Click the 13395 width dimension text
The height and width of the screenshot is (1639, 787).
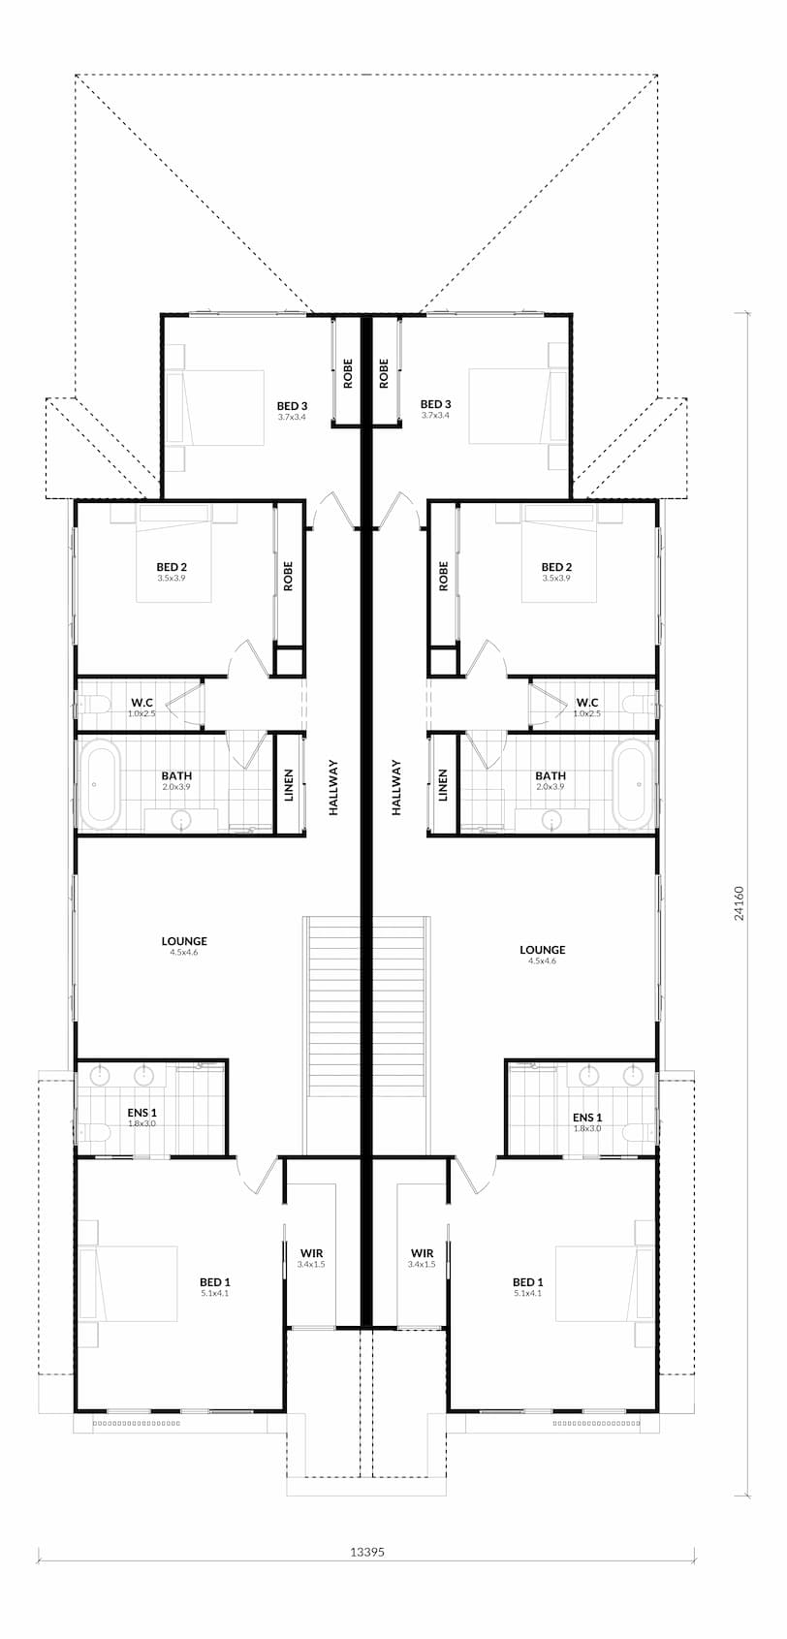[367, 1551]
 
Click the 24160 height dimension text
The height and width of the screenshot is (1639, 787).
[739, 903]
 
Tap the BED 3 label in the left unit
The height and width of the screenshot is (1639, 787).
[292, 405]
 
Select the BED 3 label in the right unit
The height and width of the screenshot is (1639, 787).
[435, 404]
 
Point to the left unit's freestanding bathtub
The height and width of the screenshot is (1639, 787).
[99, 784]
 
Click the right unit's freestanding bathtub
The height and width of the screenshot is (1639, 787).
[634, 784]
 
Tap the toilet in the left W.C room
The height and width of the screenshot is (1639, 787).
[94, 705]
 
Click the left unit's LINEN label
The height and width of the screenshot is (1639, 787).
[288, 785]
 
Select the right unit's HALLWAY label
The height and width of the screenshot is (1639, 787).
[396, 787]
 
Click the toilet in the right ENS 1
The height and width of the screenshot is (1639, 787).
[639, 1133]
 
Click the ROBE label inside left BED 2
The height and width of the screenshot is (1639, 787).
[288, 577]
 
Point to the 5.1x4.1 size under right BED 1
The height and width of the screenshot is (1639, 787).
[527, 1293]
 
